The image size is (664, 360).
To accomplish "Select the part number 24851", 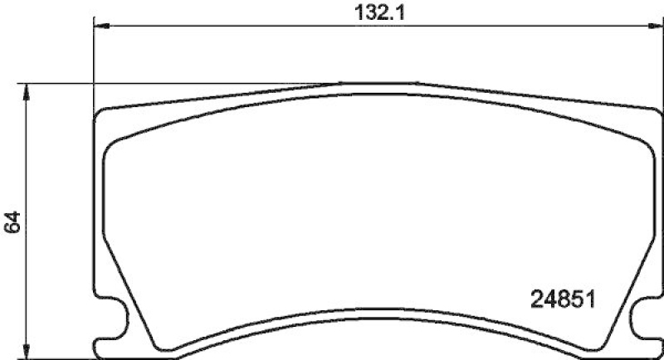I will tap(564, 295).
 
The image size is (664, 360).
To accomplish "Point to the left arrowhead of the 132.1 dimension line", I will tap(97, 27).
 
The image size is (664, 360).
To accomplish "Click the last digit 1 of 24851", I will tap(594, 295).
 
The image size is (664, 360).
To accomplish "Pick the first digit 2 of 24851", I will tap(535, 295).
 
